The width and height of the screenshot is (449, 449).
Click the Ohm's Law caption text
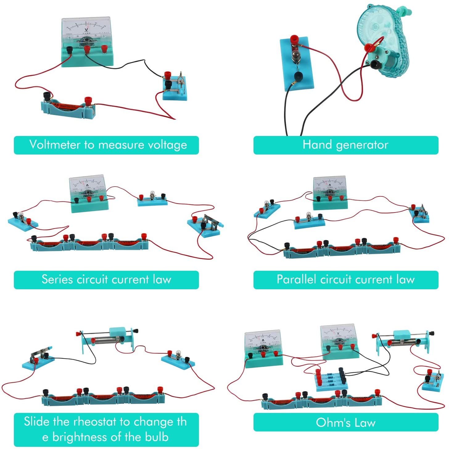click(x=345, y=422)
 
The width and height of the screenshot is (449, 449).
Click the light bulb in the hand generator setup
click(x=295, y=56)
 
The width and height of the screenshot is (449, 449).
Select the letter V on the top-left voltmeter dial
click(x=86, y=30)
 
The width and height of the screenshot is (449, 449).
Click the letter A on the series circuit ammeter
click(x=87, y=185)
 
